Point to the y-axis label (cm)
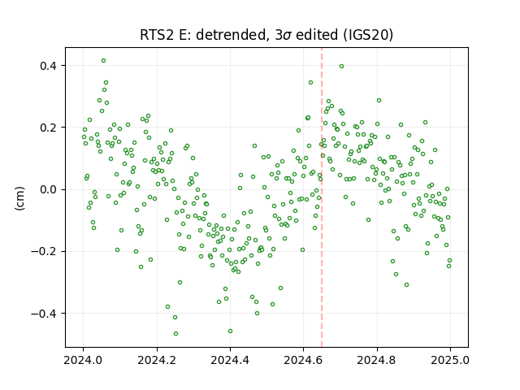point(19,198)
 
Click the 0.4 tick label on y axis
point(48,66)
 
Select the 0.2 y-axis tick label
point(48,128)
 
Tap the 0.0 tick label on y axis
point(48,189)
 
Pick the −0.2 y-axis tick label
point(44,252)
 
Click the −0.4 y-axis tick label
point(44,314)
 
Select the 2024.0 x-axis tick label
point(83,360)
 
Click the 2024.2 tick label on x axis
point(157,360)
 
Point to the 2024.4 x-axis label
point(230,360)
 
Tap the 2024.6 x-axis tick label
point(303,360)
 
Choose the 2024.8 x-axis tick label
point(377,360)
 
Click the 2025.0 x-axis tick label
point(450,360)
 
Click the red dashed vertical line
point(322,197)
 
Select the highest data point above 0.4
point(103,61)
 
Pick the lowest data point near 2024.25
point(175,333)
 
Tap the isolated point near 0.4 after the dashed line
point(341,67)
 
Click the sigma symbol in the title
point(288,36)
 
